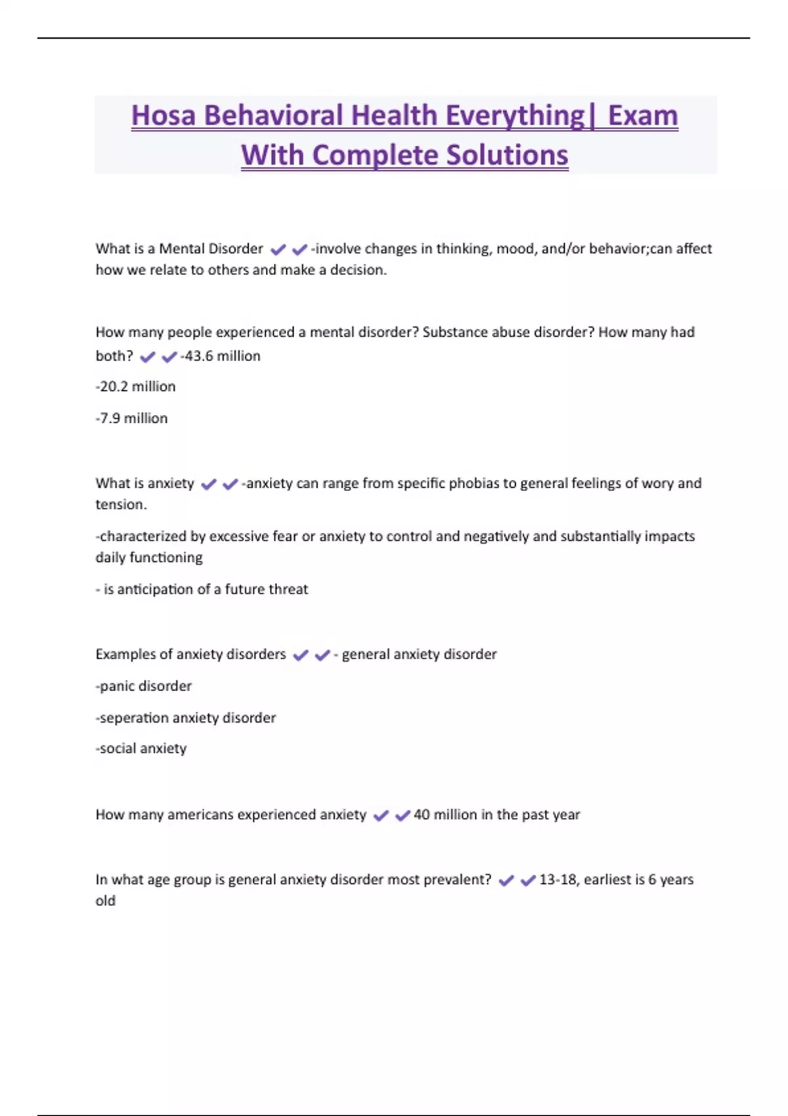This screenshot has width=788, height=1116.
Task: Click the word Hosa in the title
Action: pos(164,116)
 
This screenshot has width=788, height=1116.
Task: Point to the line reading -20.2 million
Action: pos(136,387)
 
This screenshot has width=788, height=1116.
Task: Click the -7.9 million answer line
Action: pos(132,418)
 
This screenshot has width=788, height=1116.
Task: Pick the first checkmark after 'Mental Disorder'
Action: pos(278,249)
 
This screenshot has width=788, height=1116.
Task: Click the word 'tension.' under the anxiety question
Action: pos(121,504)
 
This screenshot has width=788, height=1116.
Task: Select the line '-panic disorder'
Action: pos(144,686)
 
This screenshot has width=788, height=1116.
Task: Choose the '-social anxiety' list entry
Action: pos(141,748)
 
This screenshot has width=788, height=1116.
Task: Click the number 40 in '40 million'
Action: pos(422,815)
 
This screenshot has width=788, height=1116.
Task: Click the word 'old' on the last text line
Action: pos(105,901)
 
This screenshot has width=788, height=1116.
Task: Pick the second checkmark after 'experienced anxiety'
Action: pos(403,815)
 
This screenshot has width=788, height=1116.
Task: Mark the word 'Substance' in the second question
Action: pos(454,332)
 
